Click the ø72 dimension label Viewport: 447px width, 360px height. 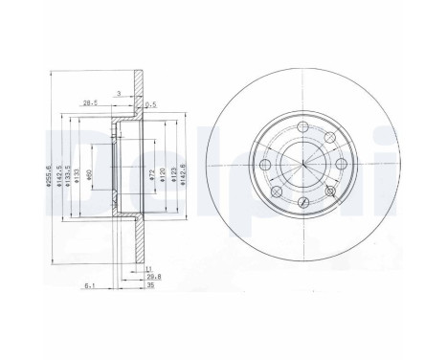click(150, 177)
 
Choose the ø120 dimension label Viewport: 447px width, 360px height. click(162, 177)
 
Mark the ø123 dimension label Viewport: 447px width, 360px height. click(171, 177)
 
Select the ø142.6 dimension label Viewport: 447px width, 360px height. click(182, 177)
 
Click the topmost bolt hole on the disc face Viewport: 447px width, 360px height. click(303, 128)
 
